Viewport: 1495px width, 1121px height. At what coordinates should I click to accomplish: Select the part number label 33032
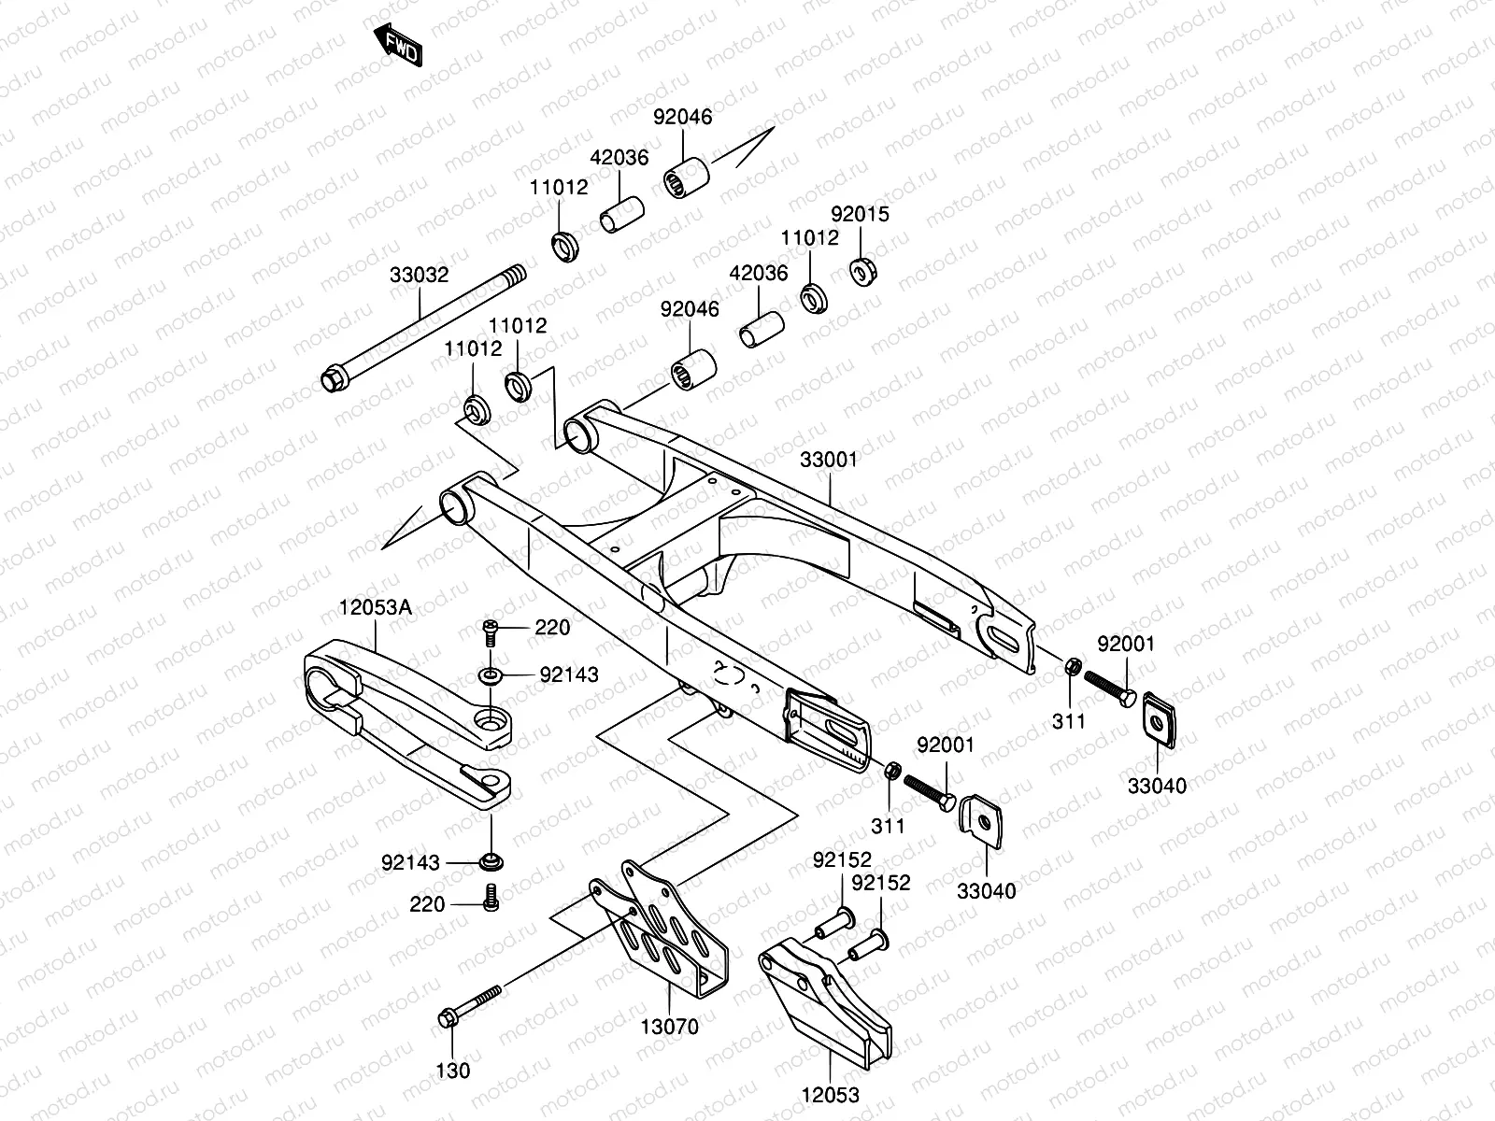point(420,276)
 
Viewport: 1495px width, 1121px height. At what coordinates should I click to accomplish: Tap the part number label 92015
point(861,214)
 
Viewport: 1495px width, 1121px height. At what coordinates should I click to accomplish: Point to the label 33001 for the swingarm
point(828,460)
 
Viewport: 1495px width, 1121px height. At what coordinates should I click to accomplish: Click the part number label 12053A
point(375,607)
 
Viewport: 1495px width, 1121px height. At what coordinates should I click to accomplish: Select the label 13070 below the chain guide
point(669,1027)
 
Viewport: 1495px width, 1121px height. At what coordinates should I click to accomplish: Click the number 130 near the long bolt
point(454,1071)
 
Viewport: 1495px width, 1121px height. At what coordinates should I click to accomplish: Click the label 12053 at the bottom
point(830,1094)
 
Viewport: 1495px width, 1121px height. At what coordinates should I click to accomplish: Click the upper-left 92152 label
point(841,859)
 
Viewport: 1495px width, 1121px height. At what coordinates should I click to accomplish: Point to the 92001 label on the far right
point(1125,644)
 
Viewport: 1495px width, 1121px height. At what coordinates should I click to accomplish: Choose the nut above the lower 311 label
point(891,772)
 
